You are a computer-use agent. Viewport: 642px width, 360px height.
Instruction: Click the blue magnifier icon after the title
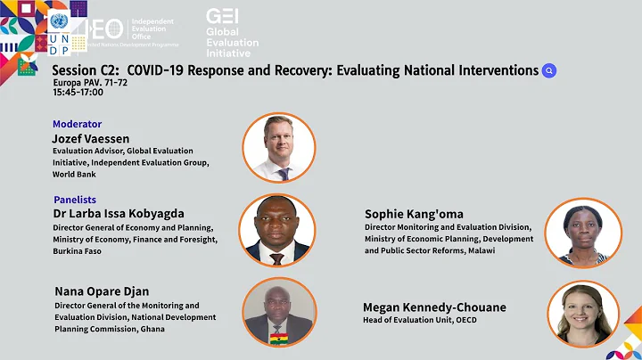click(549, 71)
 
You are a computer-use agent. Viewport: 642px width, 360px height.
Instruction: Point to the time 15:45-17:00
click(78, 92)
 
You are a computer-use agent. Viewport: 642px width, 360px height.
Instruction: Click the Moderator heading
click(77, 124)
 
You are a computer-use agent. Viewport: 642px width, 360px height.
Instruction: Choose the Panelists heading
click(74, 200)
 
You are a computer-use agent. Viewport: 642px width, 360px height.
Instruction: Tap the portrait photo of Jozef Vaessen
click(279, 148)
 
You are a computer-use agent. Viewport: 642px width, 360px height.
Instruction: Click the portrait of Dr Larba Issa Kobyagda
click(277, 230)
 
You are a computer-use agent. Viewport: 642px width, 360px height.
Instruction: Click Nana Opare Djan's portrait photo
click(278, 314)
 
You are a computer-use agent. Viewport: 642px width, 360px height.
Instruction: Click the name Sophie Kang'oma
click(414, 214)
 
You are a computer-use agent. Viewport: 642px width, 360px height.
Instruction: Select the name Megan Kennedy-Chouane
click(434, 307)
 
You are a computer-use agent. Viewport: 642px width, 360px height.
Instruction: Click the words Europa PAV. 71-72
click(90, 82)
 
